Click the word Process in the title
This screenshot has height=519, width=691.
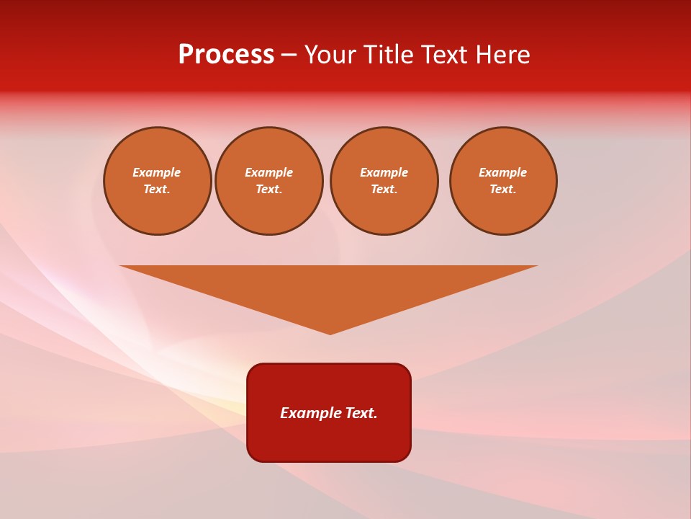coord(226,55)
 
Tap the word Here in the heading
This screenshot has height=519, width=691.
coord(500,55)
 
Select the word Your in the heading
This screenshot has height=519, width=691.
coord(332,55)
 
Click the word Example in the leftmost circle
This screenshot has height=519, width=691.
coord(157,172)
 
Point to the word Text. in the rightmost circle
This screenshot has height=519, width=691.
coord(503,190)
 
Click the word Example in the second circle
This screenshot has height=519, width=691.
coord(269,172)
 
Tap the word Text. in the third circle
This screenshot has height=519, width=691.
coord(384,190)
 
